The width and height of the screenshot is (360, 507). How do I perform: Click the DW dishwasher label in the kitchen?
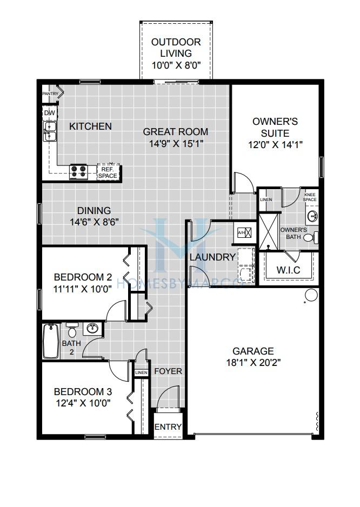[50, 113]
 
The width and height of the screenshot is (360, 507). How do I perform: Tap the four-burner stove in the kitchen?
[78, 172]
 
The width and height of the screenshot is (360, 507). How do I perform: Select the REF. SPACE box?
[108, 172]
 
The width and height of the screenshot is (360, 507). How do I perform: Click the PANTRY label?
[50, 94]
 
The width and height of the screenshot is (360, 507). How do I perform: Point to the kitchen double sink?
[50, 131]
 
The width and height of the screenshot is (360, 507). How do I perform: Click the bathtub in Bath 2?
[51, 341]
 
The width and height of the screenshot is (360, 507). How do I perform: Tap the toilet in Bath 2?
[72, 330]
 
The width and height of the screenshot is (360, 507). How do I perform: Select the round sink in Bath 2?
[92, 329]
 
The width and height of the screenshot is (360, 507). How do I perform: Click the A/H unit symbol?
[244, 232]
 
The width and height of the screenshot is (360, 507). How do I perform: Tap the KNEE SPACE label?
[310, 197]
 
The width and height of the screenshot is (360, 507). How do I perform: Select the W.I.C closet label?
[288, 270]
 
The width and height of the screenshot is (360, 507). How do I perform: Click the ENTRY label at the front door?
[168, 427]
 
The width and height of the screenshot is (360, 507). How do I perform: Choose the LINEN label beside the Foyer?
[141, 373]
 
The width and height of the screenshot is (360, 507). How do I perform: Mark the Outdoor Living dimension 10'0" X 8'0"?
[176, 65]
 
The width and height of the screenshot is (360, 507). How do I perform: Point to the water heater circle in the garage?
[311, 295]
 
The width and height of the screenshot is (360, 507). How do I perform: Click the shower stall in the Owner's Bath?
[269, 231]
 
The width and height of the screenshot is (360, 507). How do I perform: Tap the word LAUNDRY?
[212, 257]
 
